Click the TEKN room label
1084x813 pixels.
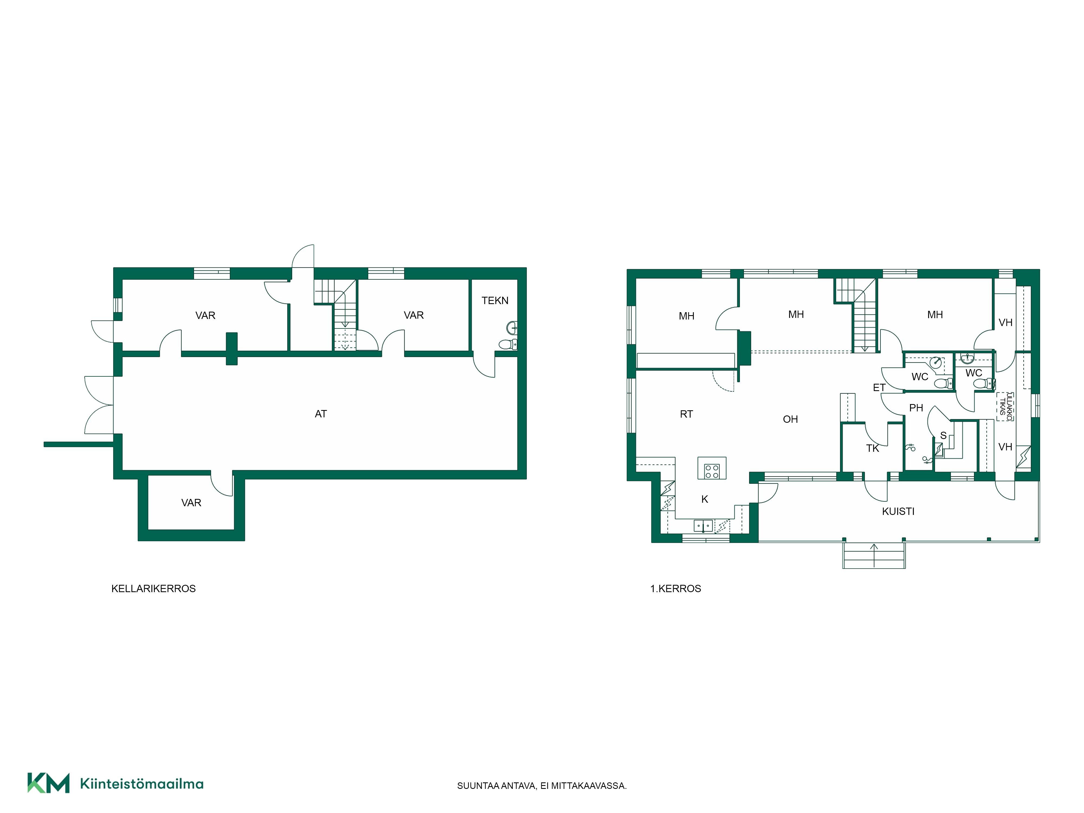coord(495,300)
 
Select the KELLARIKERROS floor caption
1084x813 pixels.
coord(153,589)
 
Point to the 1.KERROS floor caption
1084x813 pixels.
coord(675,589)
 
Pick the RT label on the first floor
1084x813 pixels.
coord(686,414)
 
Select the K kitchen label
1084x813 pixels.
coord(704,499)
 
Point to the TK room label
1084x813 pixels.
coord(872,448)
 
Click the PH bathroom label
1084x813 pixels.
coord(916,408)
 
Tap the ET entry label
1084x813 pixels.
coord(879,388)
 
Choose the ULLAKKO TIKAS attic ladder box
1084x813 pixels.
coord(1005,406)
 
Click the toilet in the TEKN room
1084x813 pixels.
coord(508,344)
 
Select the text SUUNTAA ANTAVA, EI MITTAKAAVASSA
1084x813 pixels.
coord(541,786)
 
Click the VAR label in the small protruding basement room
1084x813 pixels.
coord(191,503)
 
